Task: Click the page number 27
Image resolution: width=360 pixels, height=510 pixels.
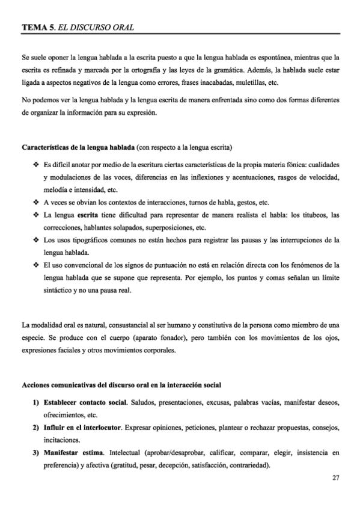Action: (x=335, y=478)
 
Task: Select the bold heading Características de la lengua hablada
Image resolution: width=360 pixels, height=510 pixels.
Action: (x=78, y=147)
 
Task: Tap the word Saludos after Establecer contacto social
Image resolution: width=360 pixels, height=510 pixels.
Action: (x=142, y=402)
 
